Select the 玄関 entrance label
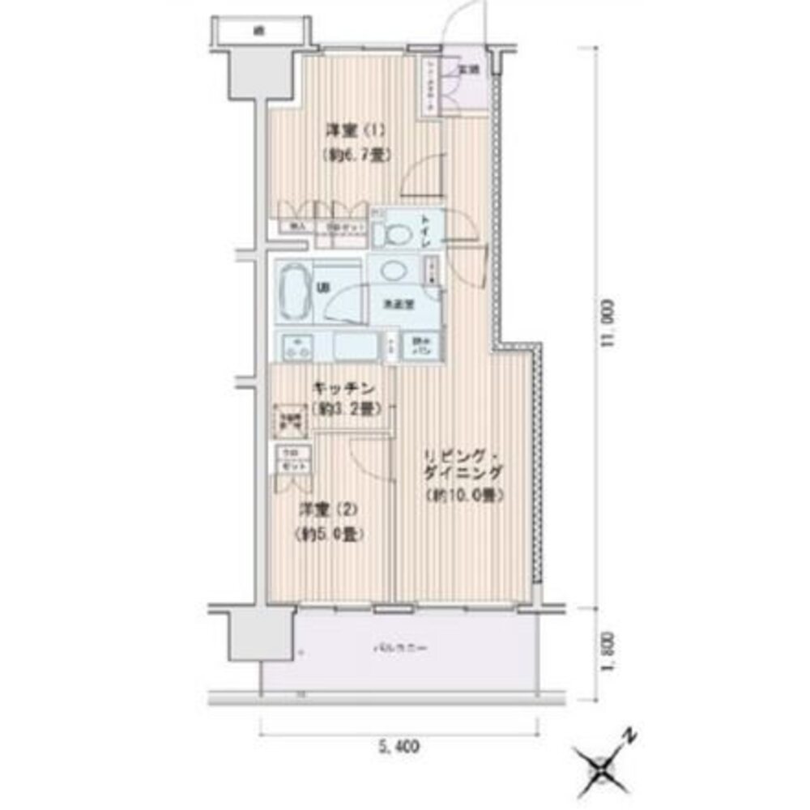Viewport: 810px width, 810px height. [x=469, y=70]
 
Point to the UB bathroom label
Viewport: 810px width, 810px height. [x=322, y=288]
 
